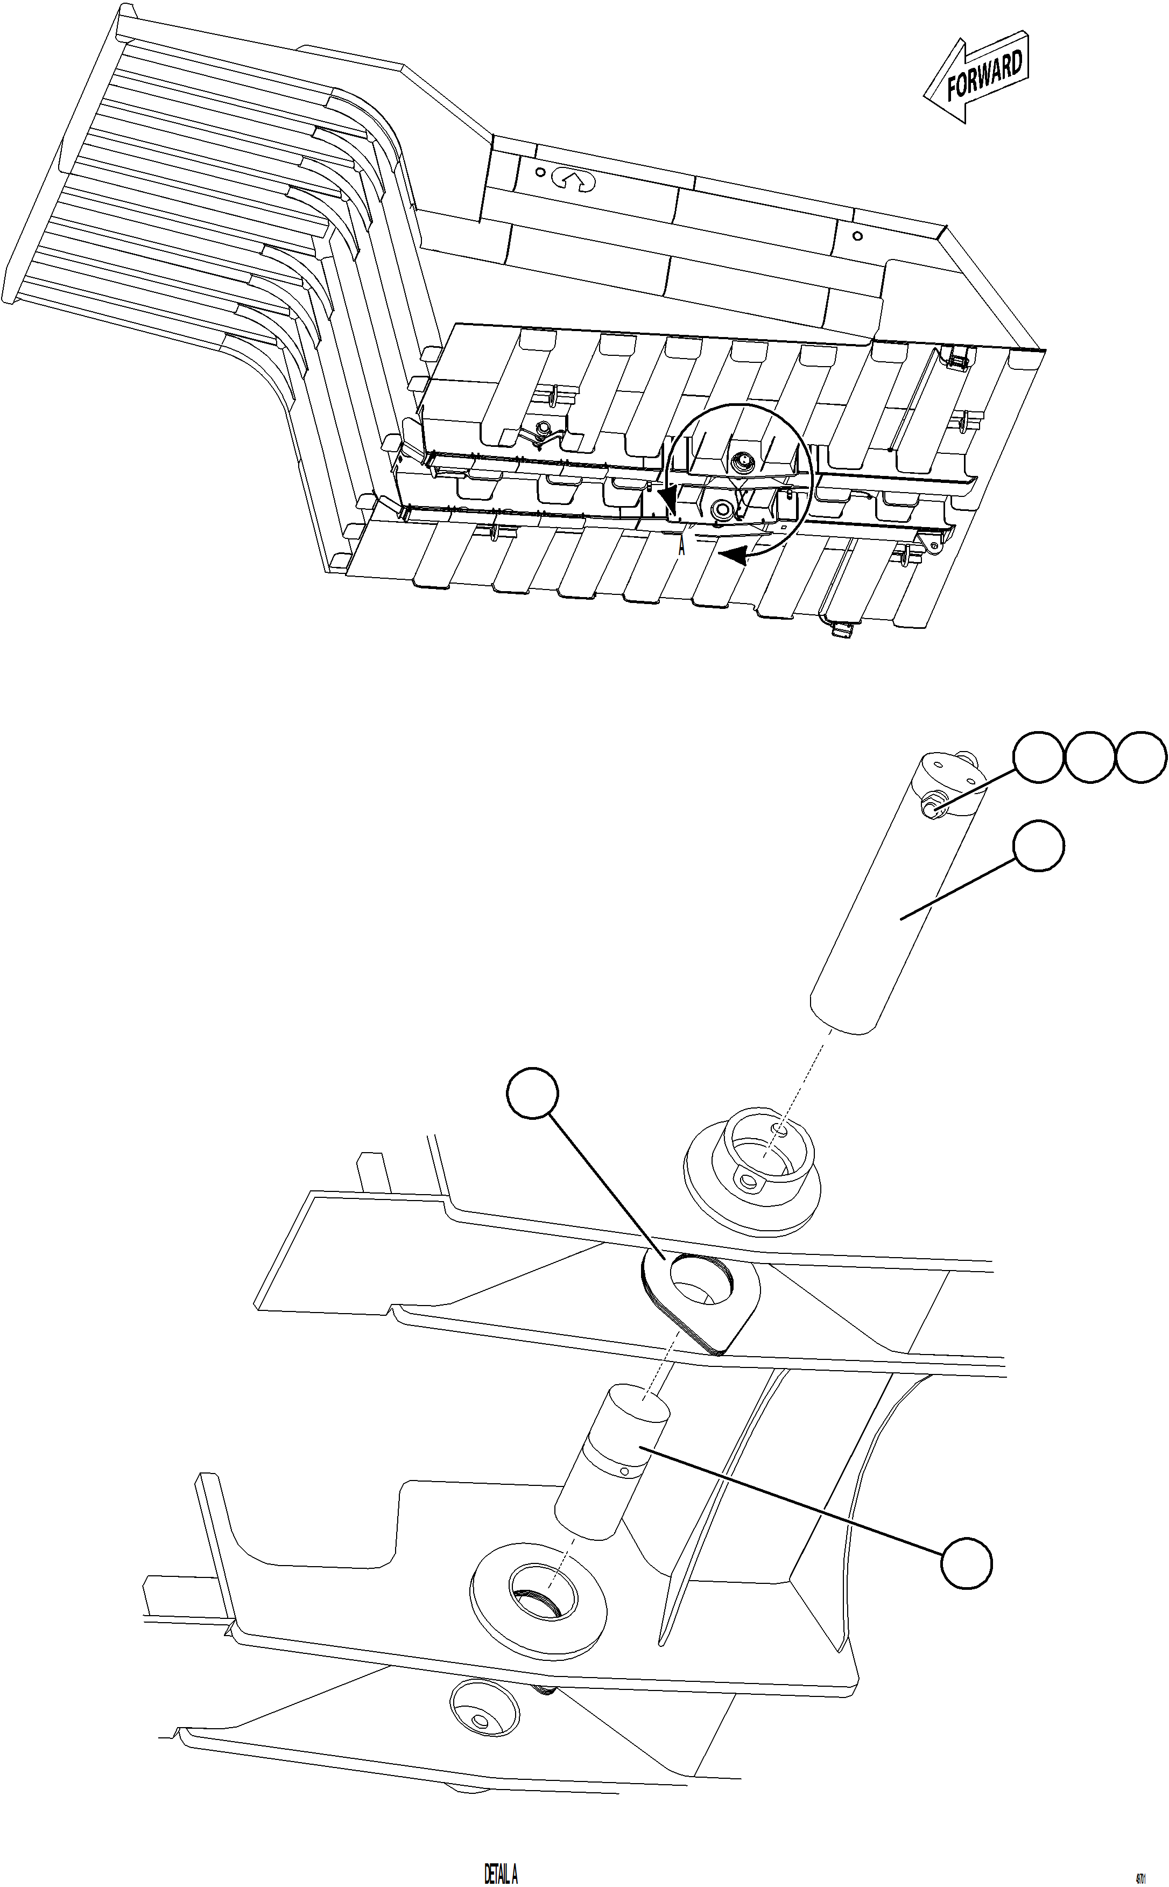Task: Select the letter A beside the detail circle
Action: (682, 548)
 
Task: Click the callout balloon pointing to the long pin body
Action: (1038, 847)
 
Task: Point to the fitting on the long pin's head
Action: (934, 810)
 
